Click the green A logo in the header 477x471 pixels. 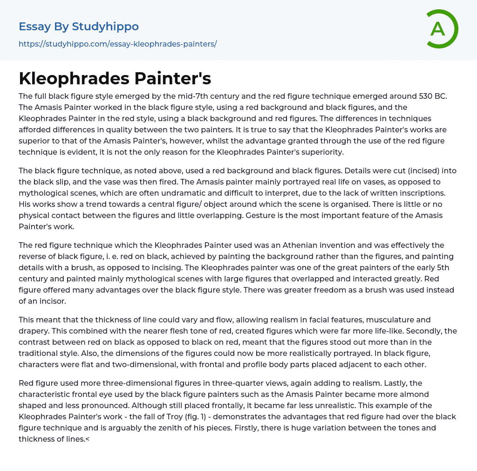coord(441,29)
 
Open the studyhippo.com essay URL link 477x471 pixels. coord(118,44)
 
